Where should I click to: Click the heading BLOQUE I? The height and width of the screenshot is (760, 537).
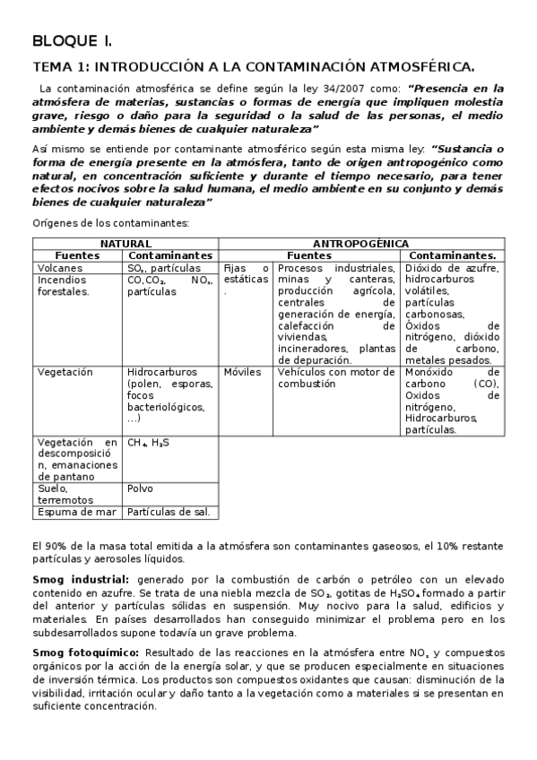[x=72, y=41]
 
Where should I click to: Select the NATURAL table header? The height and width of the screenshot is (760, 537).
[x=125, y=244]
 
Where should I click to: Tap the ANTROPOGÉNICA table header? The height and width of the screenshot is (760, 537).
[x=360, y=244]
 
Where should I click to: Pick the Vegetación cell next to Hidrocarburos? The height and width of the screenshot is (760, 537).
[x=65, y=371]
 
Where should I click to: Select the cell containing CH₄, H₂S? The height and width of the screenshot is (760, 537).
[x=148, y=442]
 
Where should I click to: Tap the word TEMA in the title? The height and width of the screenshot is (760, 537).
[x=52, y=67]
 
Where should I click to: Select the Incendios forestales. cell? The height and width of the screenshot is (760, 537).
[x=65, y=285]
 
